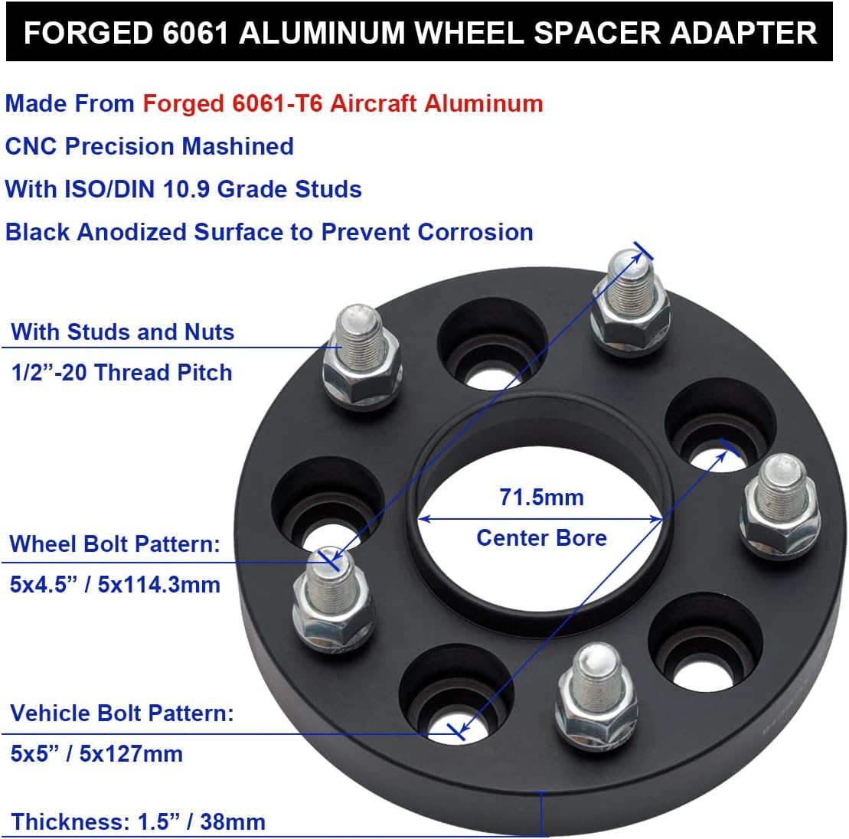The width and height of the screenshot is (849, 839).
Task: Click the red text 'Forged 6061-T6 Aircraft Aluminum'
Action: click(343, 103)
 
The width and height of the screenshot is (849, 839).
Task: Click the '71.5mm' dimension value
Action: click(541, 498)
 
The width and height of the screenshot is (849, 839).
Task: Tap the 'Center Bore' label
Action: click(541, 537)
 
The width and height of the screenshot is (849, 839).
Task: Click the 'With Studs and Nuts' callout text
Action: click(122, 332)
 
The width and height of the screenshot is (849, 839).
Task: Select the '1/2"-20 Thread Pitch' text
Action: click(121, 373)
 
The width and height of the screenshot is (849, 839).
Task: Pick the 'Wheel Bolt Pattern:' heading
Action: click(115, 544)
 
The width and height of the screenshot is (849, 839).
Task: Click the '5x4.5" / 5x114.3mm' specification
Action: click(115, 585)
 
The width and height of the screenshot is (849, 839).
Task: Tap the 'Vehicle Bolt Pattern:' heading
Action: click(122, 713)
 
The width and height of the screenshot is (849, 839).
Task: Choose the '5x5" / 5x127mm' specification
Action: click(96, 754)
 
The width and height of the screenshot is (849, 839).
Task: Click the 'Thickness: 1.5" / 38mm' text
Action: click(139, 822)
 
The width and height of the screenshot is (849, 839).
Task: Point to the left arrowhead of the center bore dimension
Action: click(423, 519)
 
